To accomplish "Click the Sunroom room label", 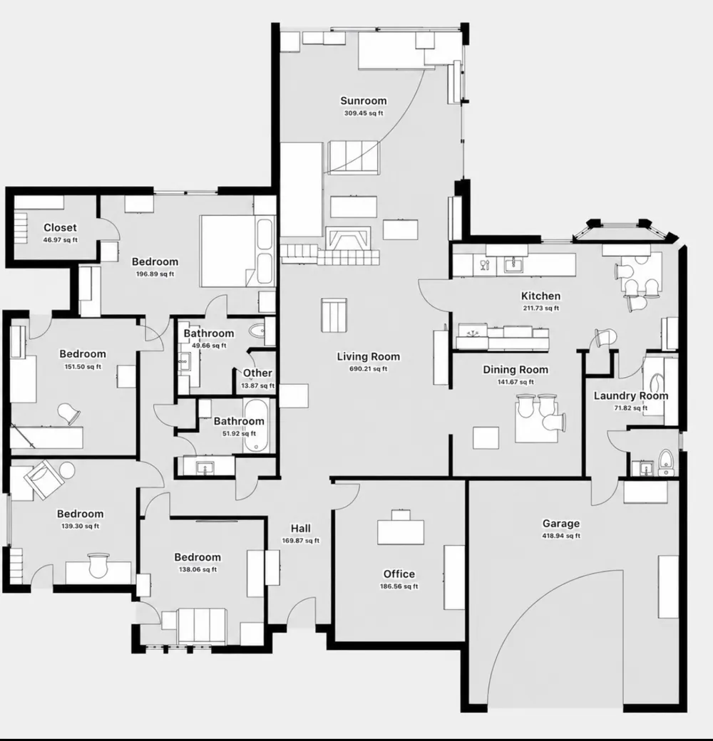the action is coord(363,100).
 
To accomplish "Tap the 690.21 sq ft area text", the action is coord(369,368).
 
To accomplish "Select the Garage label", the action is coord(560,524).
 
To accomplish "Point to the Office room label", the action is coord(399,574).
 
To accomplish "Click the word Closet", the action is coord(60,228).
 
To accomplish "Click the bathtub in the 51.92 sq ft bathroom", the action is coord(257,426).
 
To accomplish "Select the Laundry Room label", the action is coord(631,396).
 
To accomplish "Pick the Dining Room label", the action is coord(515,370).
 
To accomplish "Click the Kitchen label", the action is coord(540,296).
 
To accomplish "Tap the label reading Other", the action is coord(257,373).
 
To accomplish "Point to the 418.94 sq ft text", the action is coord(560,536).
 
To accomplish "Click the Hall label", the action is coord(301,529).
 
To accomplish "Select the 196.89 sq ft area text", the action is coord(155,274).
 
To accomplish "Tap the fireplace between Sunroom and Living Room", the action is coord(348,239).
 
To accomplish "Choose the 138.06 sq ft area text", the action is coord(198,569).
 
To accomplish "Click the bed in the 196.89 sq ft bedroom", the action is coord(237,251).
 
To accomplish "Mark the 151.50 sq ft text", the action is coord(83,367).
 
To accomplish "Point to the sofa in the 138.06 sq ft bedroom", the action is coord(202,626).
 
